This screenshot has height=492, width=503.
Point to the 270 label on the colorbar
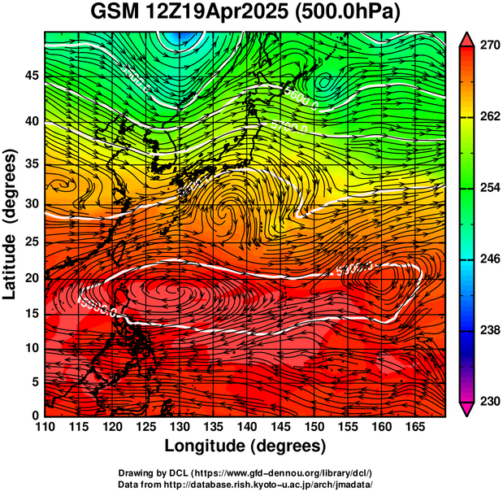[x=488, y=46]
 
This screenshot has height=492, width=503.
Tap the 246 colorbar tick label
[x=488, y=259]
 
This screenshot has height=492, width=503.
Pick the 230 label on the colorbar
[x=488, y=401]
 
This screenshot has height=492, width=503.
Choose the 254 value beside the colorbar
[x=488, y=188]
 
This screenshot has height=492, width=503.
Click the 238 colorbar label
[x=488, y=330]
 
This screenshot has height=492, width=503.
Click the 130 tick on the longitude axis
[x=179, y=426]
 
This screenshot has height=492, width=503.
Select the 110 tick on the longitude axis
[x=45, y=426]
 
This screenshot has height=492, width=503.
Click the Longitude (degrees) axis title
[x=245, y=446]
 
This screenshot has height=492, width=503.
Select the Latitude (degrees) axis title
[x=11, y=224]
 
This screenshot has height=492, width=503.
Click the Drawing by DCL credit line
[x=245, y=472]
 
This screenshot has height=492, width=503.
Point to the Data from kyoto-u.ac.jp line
[x=245, y=484]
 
